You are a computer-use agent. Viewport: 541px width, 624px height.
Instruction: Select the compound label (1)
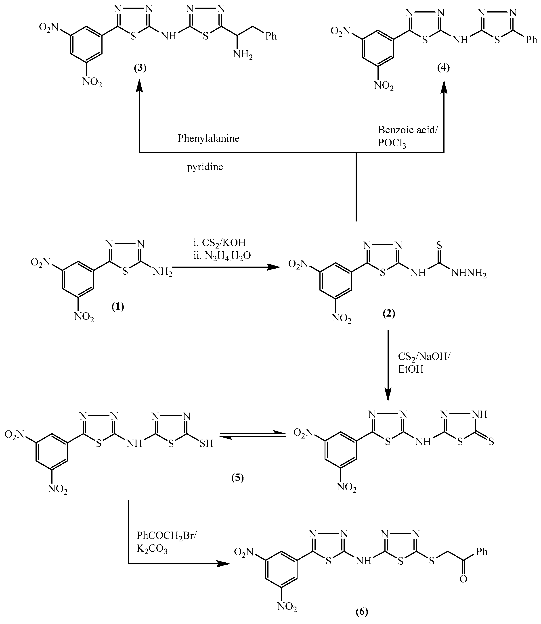coord(118,307)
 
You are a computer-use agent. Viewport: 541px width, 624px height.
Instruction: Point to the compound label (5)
coord(237,478)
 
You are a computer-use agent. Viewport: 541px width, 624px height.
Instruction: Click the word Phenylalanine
coord(208,138)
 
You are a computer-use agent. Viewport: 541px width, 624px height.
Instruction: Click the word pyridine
coord(205,167)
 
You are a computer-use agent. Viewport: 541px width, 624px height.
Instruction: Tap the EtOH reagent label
coord(411,369)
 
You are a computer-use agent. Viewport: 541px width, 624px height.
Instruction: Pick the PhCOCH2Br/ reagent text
coord(167,536)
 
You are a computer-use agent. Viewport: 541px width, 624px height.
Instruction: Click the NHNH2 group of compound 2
coord(469,273)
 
